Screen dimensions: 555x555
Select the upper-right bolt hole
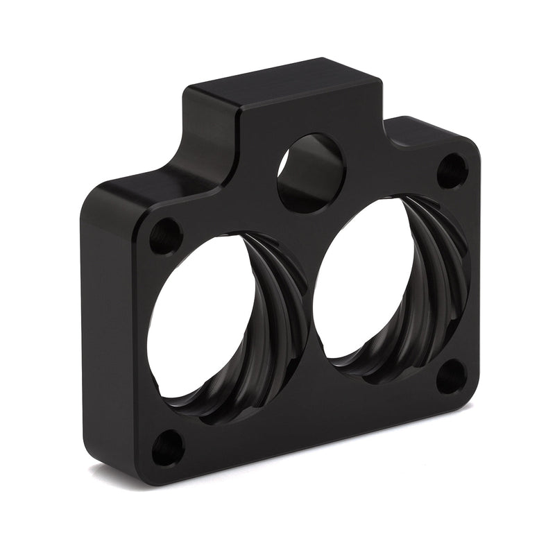[452, 170]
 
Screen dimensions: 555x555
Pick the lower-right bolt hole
[451, 377]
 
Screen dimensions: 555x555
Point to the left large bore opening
[201, 319]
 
